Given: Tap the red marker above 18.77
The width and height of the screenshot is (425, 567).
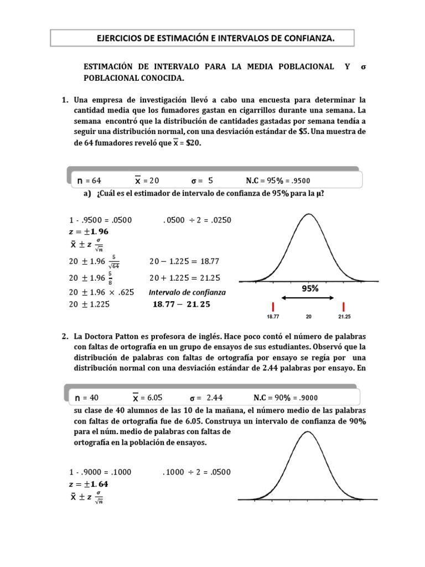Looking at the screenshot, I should (273, 307).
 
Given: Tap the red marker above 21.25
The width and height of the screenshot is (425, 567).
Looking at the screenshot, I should (344, 307).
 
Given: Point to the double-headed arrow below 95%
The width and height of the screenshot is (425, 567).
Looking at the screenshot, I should (308, 298).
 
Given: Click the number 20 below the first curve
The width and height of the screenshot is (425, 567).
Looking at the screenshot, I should (308, 318).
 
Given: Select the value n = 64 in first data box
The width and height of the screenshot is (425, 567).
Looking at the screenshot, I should (89, 180).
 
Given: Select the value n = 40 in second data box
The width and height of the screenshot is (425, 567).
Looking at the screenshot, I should (88, 398).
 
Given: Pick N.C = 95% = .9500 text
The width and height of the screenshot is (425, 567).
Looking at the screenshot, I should (278, 180).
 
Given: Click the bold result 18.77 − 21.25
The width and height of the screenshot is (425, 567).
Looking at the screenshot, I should (181, 304).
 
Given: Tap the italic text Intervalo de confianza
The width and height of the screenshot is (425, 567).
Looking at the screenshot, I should (187, 292).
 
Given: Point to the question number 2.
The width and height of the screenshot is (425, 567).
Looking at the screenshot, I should (65, 336).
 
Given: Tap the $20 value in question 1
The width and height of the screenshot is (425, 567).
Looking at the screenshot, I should (193, 142).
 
